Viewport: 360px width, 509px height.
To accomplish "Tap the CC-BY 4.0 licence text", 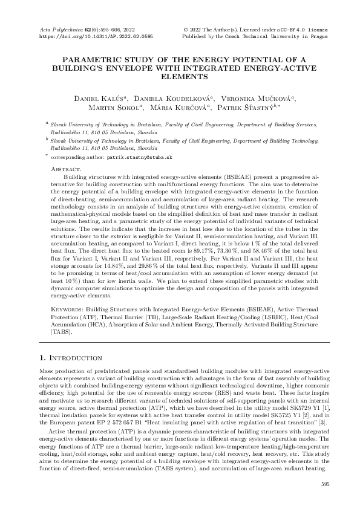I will pyautogui.click(x=293, y=29).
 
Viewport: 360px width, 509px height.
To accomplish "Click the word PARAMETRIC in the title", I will pyautogui.click(x=95, y=60).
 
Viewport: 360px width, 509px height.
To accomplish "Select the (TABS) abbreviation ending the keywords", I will pyautogui.click(x=60, y=332).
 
